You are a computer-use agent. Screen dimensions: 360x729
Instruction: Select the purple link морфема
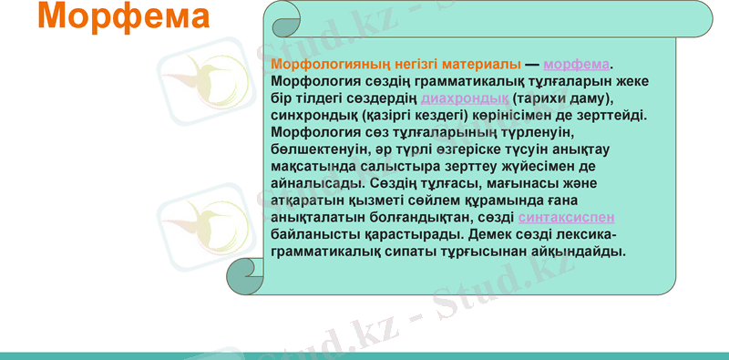(576, 64)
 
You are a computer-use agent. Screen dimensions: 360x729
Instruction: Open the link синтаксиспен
(566, 218)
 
